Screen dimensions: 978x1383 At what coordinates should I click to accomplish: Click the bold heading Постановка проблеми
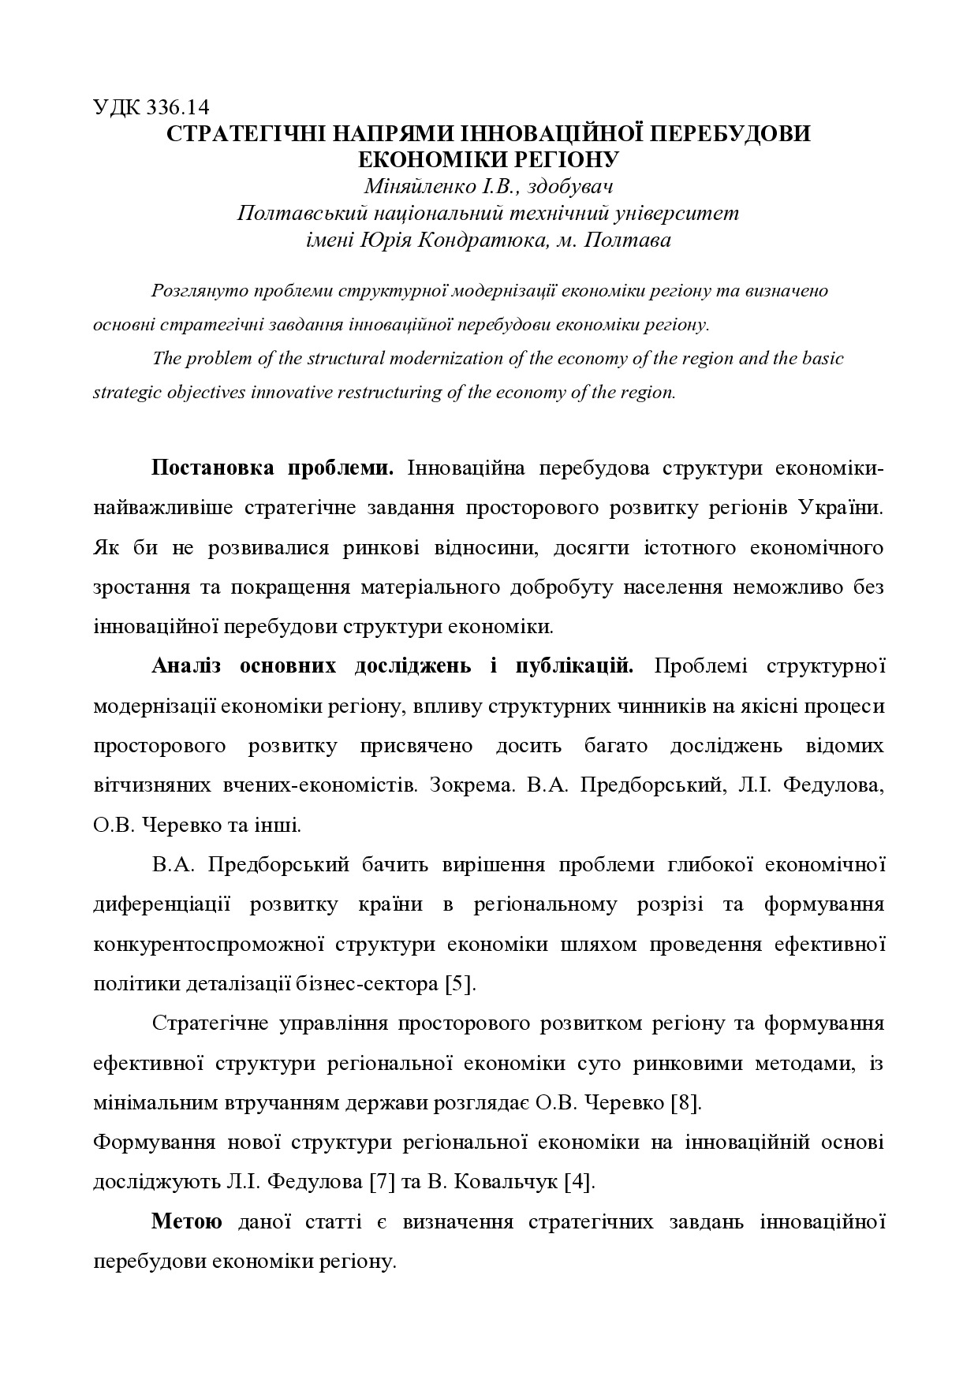pos(273,468)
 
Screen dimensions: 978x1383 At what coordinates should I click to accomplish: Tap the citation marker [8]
pos(685,1103)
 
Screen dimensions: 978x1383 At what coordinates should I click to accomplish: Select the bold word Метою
pos(187,1223)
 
